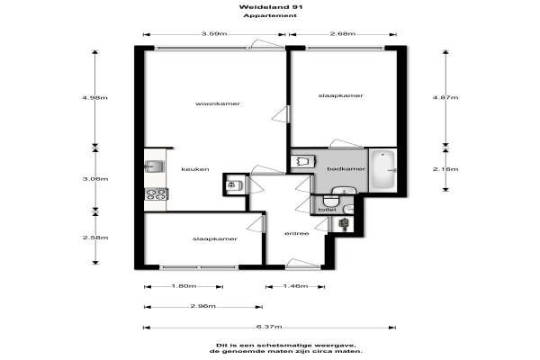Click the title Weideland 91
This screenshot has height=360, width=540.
(x=271, y=7)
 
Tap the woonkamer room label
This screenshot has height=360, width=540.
(x=218, y=103)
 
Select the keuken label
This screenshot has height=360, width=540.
(x=195, y=169)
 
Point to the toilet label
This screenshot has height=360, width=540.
(x=328, y=210)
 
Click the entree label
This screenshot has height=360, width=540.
(x=296, y=234)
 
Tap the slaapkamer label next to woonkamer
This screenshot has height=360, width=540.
(x=341, y=95)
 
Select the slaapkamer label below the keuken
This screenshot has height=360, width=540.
(x=215, y=239)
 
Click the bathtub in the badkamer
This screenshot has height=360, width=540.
(x=382, y=170)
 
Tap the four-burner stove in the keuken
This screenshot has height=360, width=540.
(x=157, y=194)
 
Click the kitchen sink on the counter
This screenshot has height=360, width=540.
(x=154, y=166)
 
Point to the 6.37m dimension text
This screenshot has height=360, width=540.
(x=269, y=327)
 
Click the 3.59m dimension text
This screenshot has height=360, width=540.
(x=214, y=34)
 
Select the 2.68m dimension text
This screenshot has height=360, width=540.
(x=343, y=34)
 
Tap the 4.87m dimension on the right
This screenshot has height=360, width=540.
(x=445, y=97)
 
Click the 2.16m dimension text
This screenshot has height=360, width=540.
(x=445, y=169)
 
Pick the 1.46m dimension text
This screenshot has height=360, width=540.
(x=295, y=286)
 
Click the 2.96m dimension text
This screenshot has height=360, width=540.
(x=203, y=306)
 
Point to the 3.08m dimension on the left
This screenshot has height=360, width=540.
(x=95, y=179)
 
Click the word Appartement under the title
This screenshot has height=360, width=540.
(x=270, y=16)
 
